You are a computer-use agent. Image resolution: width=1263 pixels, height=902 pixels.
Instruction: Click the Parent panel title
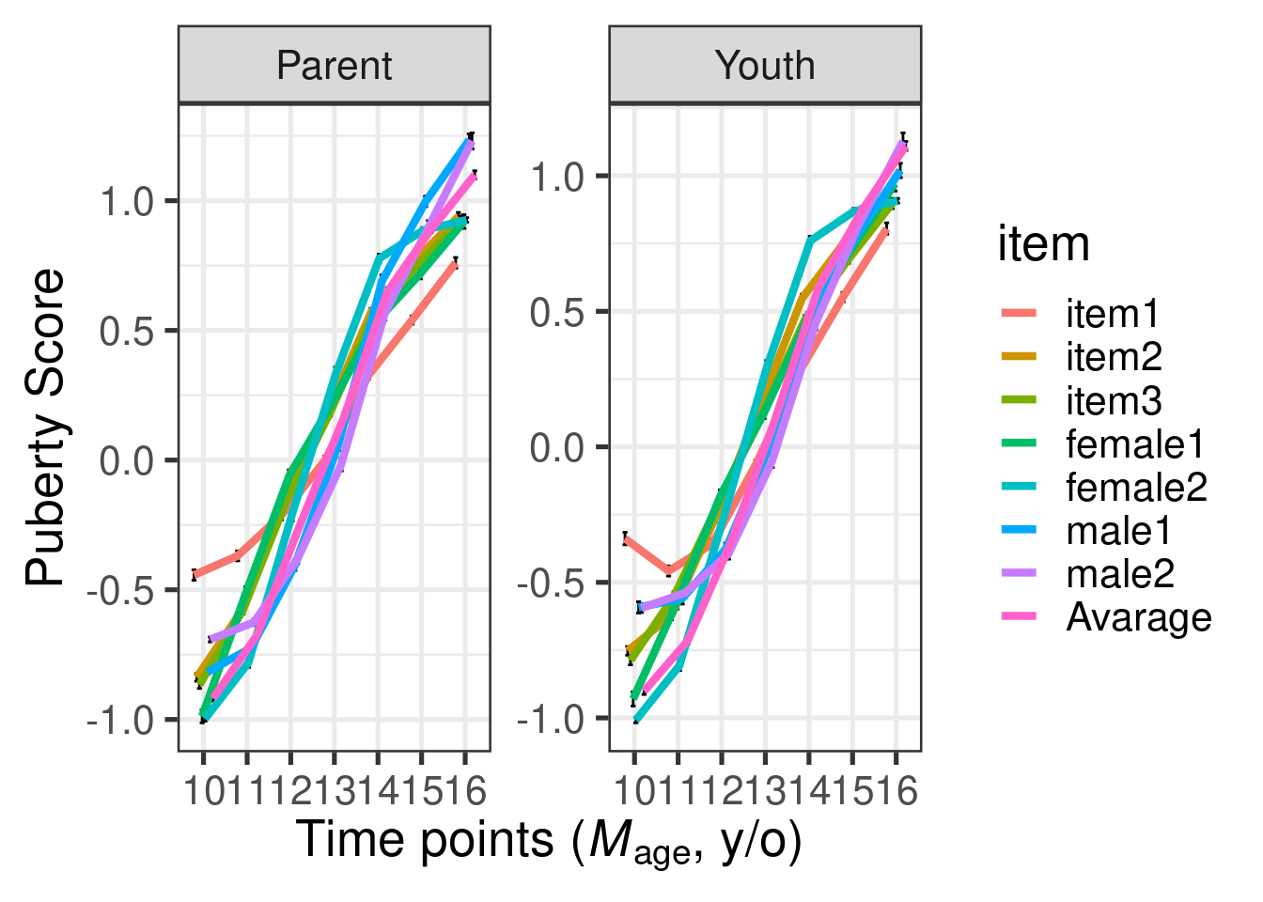[x=334, y=66]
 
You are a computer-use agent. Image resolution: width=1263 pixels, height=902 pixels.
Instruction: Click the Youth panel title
[x=764, y=66]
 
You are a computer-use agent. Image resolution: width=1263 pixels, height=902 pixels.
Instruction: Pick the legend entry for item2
[x=1114, y=356]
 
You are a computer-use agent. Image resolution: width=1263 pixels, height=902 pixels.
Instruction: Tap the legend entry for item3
[x=1114, y=400]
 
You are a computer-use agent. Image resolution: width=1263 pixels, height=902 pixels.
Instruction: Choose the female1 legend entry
[x=1134, y=443]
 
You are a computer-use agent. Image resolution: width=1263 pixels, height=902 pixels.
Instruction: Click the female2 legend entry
[x=1136, y=487]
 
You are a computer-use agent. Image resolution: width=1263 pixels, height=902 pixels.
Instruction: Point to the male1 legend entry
[x=1118, y=531]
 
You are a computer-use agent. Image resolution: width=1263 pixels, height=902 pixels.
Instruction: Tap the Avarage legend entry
[x=1138, y=617]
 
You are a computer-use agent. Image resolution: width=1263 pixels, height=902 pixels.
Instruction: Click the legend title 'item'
[x=1043, y=244]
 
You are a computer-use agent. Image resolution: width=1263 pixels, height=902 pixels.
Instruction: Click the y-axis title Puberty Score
[x=45, y=428]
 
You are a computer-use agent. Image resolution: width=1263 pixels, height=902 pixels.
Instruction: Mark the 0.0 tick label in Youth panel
[x=555, y=447]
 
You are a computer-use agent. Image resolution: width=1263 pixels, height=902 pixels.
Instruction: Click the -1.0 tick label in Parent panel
[x=119, y=721]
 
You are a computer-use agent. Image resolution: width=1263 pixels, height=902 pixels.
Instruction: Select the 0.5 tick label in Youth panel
[x=555, y=312]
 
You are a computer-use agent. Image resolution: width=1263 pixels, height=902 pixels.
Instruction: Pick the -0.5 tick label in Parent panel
[x=119, y=591]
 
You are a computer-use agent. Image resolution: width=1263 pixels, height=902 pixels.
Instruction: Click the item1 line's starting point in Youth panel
[x=625, y=538]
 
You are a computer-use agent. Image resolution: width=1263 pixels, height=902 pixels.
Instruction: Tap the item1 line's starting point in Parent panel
[x=195, y=574]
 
